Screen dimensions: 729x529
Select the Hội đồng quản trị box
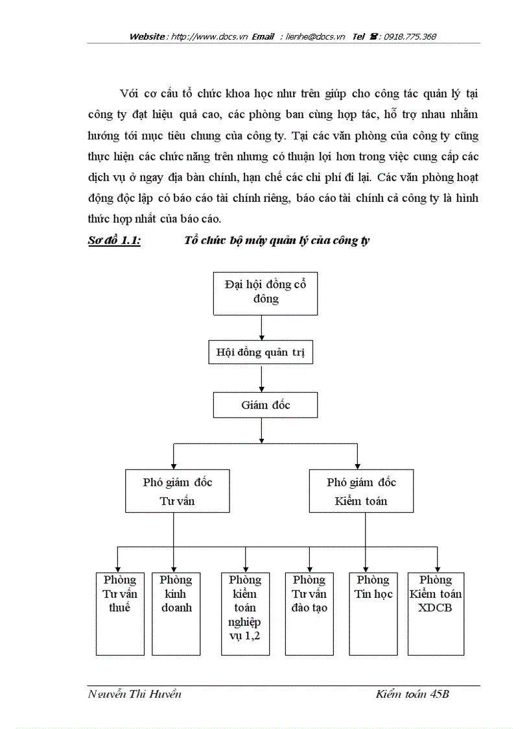tap(261, 353)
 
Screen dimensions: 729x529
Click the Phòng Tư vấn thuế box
tap(120, 613)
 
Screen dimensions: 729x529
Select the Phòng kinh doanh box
tap(175, 613)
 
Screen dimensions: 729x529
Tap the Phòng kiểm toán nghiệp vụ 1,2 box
tap(241, 613)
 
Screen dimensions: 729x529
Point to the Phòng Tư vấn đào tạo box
tap(309, 613)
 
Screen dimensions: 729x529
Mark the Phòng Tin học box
tap(373, 613)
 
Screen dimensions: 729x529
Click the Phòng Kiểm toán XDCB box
tap(436, 613)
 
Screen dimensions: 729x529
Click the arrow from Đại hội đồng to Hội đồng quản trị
tap(261, 327)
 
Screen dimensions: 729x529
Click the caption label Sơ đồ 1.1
tap(114, 240)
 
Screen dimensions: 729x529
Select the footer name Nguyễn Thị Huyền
tap(134, 695)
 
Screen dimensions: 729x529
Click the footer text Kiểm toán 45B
tap(412, 695)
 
